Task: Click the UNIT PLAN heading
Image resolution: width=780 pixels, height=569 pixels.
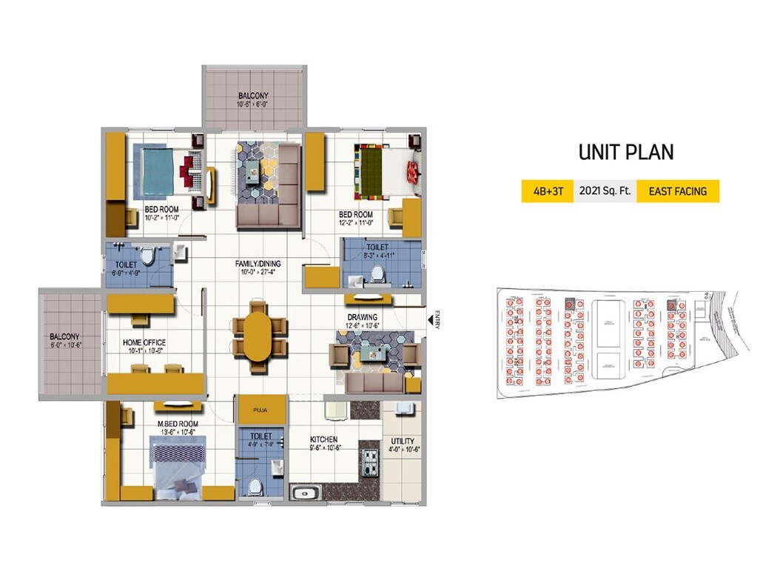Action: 625,152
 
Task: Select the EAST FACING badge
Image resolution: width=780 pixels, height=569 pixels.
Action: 677,191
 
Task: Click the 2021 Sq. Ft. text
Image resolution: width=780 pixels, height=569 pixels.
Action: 605,191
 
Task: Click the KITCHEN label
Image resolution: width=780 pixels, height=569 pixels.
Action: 323,439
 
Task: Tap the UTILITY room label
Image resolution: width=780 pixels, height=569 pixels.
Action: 403,442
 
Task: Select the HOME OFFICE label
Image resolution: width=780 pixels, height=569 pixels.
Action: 144,342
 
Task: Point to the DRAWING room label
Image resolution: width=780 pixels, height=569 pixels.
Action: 363,316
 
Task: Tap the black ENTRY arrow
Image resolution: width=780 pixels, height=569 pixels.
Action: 430,319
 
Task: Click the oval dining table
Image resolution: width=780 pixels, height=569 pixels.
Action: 258,335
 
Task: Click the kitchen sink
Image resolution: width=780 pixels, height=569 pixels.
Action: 305,493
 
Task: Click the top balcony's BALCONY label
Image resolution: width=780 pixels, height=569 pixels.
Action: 253,96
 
